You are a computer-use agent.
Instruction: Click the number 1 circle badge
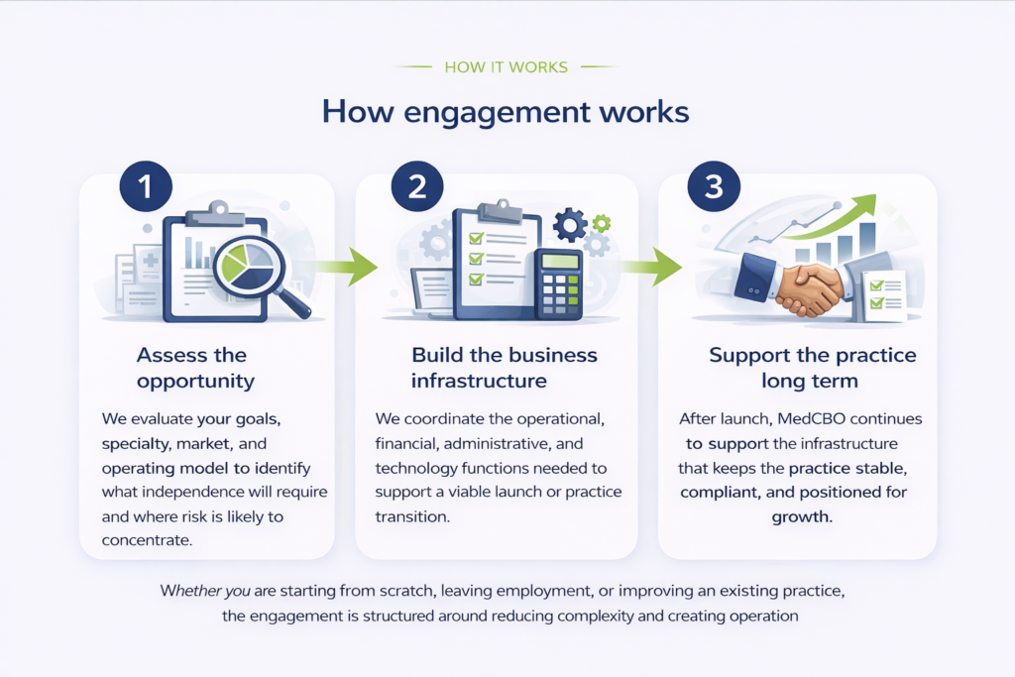point(146,185)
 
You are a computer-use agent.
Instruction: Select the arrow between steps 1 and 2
point(349,266)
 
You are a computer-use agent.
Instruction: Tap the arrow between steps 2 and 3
point(653,266)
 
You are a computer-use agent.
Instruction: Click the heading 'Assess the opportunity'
point(195,368)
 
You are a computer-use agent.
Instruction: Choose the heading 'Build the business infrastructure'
point(505,368)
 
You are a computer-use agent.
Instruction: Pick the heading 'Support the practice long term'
point(813,368)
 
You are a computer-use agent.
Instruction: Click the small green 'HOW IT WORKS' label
point(507,67)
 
